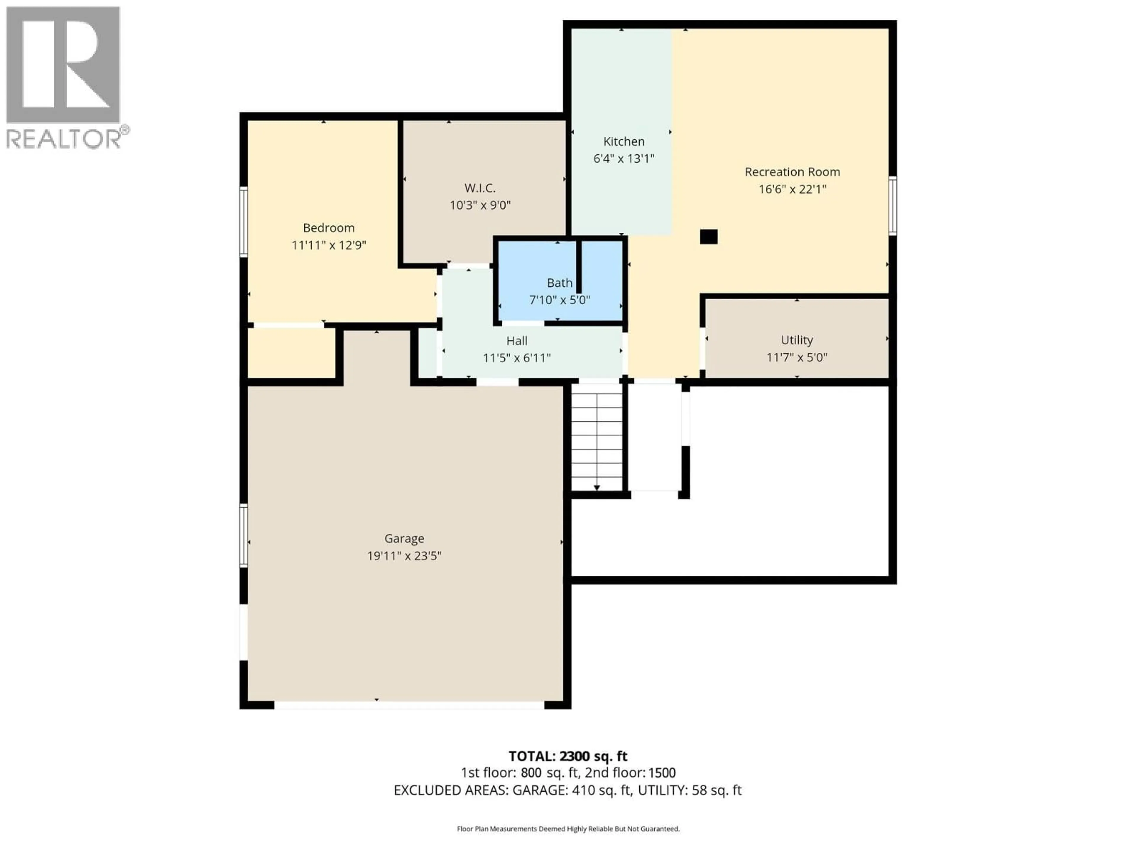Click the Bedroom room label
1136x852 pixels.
[329, 227]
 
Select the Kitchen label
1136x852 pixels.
[623, 141]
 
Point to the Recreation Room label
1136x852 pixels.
[792, 172]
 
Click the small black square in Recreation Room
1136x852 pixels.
[709, 237]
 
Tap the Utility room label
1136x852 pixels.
[797, 340]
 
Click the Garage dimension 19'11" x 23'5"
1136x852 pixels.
[404, 556]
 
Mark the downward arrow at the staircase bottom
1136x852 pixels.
[597, 487]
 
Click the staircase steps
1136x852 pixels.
[597, 437]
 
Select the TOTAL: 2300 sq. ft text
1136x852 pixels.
[567, 756]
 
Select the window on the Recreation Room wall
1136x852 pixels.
[893, 205]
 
